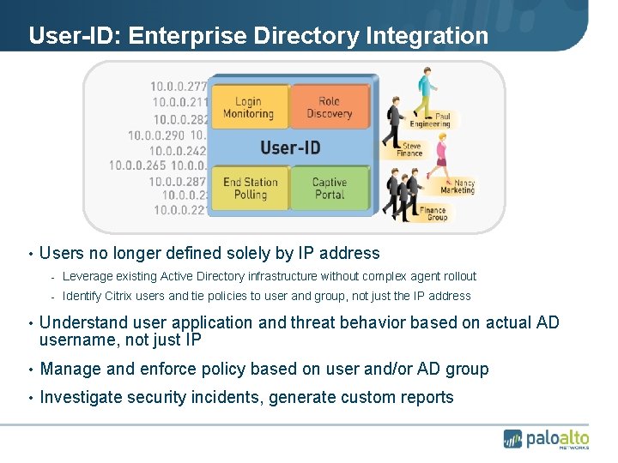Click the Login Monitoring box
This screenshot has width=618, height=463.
(248, 107)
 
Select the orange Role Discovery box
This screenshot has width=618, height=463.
(329, 107)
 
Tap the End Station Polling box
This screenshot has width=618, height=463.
(250, 188)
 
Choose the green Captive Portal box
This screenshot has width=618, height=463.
(329, 188)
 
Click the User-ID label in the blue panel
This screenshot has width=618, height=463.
(290, 147)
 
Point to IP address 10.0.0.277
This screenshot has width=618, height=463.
(179, 86)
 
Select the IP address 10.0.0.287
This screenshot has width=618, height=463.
(178, 181)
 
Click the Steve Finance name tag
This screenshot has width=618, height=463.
(413, 149)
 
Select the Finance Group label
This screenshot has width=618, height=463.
(433, 213)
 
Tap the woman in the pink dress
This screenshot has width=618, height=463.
(442, 159)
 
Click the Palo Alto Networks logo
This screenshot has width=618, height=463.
(546, 438)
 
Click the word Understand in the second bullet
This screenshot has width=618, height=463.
(84, 322)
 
